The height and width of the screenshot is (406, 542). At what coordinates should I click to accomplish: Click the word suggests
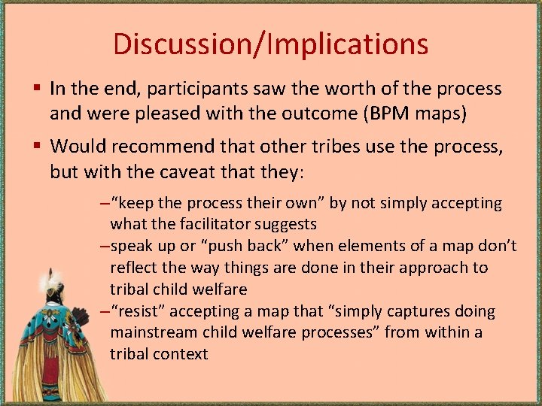(286, 224)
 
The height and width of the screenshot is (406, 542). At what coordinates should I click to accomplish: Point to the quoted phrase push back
(254, 246)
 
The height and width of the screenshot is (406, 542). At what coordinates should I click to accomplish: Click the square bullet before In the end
(37, 89)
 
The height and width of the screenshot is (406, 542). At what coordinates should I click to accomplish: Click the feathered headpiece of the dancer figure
(52, 283)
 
